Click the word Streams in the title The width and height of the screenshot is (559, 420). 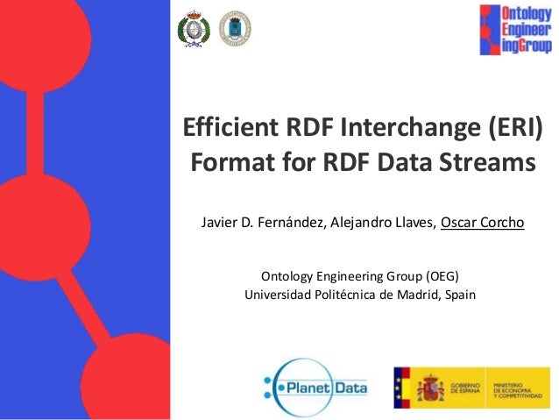tap(487, 164)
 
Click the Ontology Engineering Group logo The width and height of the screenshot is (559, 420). tap(515, 30)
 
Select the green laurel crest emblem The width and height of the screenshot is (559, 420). tap(193, 30)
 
